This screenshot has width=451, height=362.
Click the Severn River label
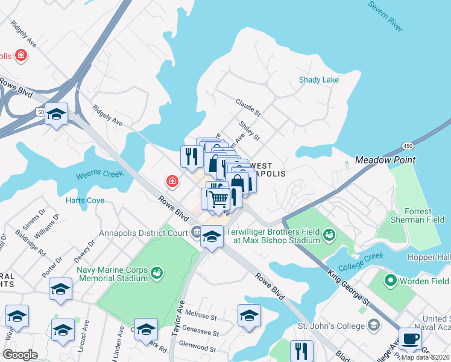(x=385, y=16)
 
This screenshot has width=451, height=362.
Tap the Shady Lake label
(x=319, y=80)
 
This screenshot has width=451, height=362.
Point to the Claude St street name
(x=248, y=107)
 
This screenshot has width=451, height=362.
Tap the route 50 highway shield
(x=40, y=112)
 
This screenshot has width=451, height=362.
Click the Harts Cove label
(x=85, y=200)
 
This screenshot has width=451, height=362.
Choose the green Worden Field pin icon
(x=391, y=281)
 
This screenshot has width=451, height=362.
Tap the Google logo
(x=20, y=354)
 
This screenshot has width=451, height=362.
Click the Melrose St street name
(x=201, y=316)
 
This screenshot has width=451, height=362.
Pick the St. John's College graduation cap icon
(x=374, y=326)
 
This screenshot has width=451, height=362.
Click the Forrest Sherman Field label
(x=418, y=215)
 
